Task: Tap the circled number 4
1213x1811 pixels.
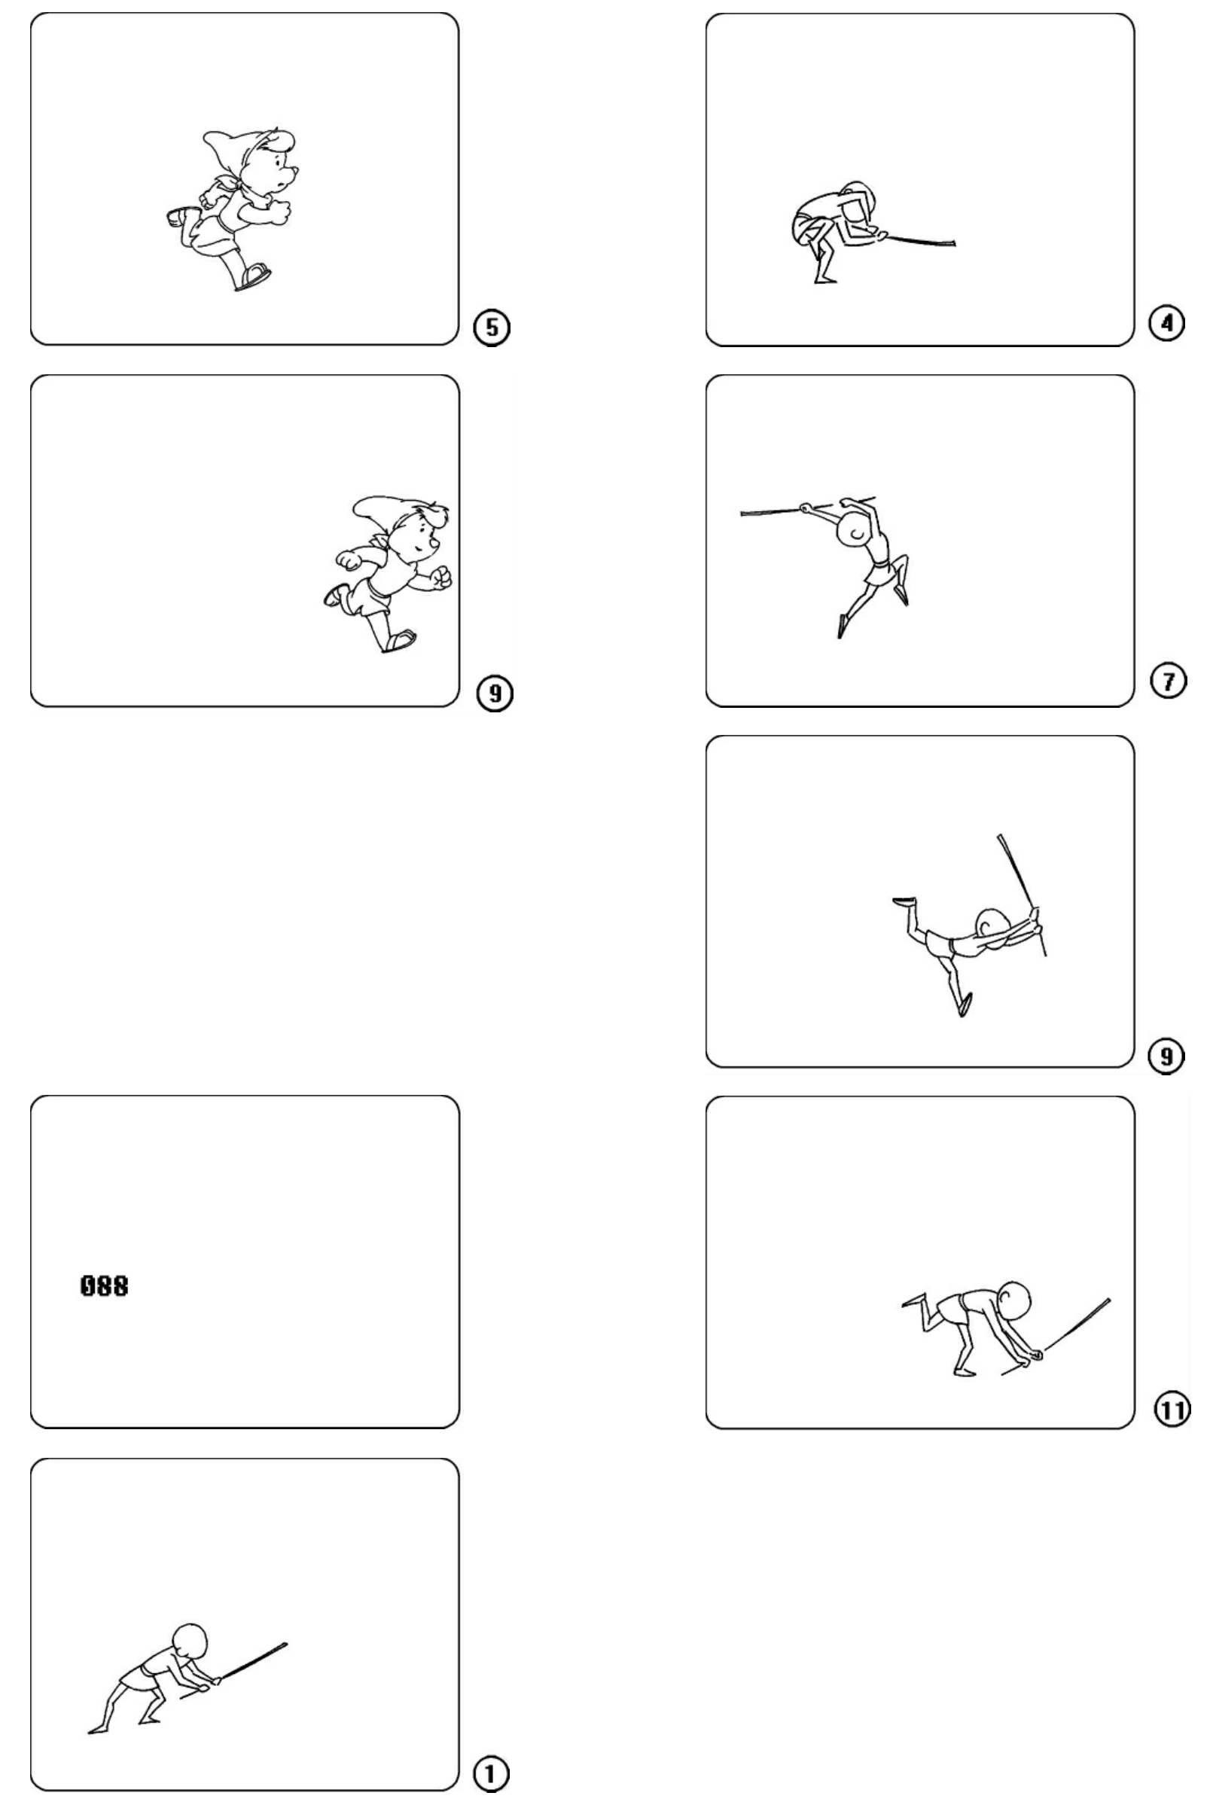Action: coord(1167,322)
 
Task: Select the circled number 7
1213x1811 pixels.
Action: coord(1167,681)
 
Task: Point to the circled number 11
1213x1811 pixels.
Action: coord(1172,1410)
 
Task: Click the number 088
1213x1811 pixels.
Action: coord(105,1285)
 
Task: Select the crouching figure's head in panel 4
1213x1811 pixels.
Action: coord(856,198)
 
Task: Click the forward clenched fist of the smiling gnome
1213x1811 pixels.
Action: coord(440,578)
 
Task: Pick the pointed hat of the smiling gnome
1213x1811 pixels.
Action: coord(379,510)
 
